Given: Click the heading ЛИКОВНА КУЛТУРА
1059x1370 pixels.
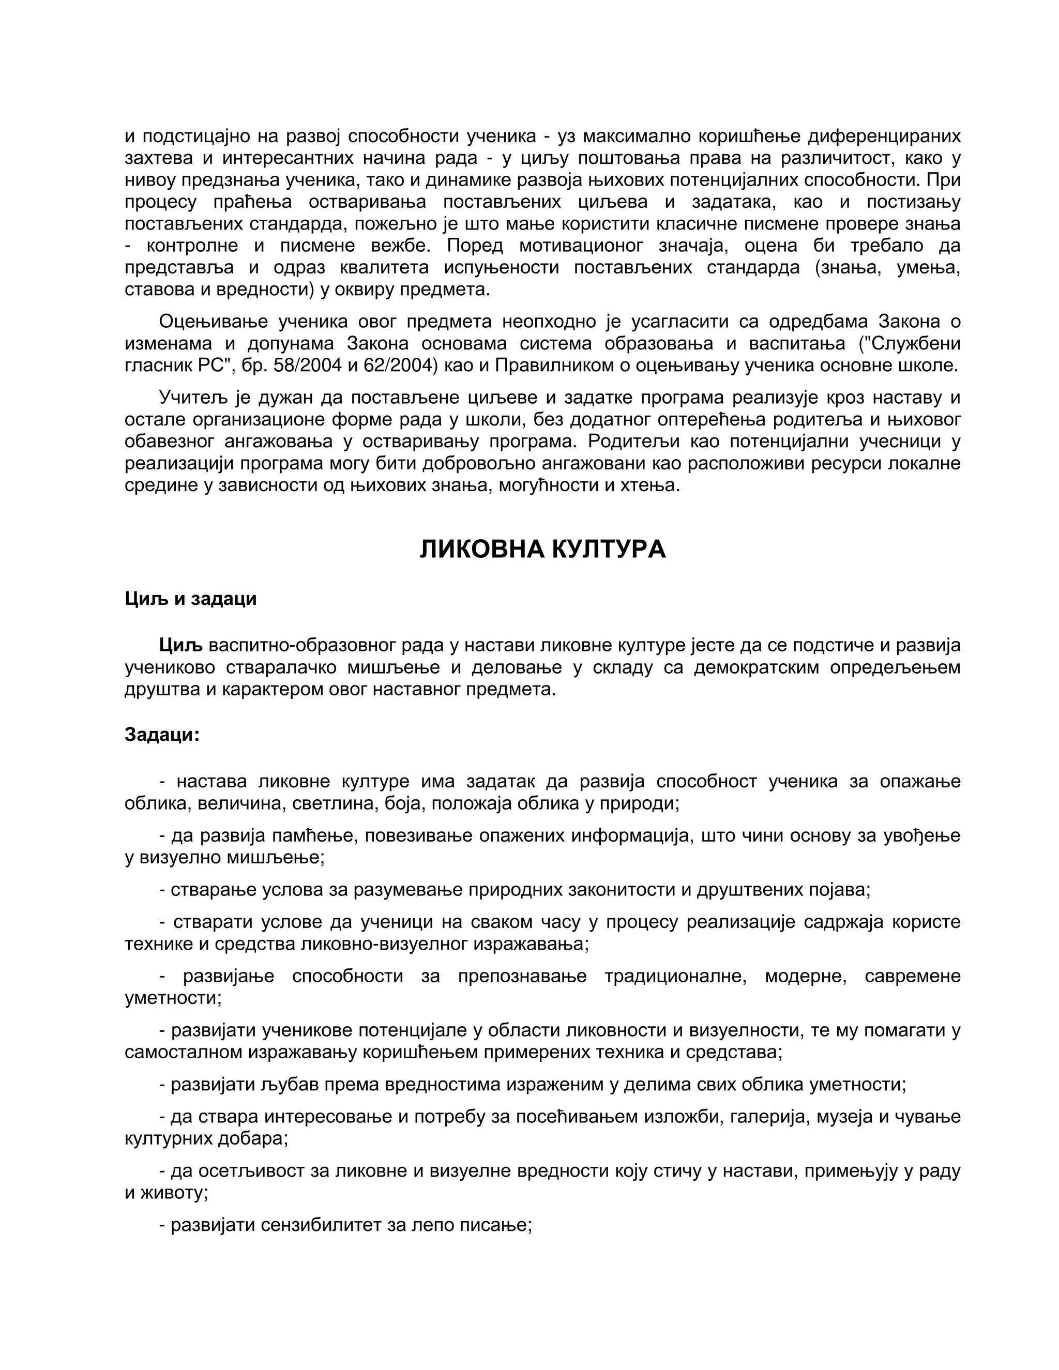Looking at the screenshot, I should click(x=542, y=549).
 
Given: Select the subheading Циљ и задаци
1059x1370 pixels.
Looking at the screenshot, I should click(x=191, y=599).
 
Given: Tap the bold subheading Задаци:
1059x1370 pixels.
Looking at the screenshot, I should click(x=162, y=735).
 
